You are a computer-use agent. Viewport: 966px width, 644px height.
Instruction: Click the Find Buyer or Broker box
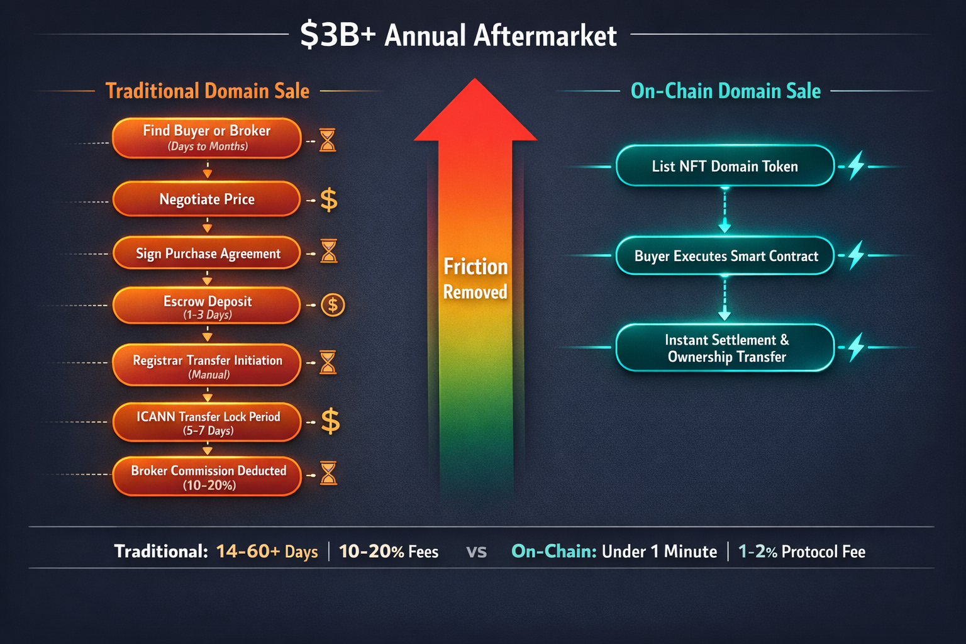[x=206, y=138]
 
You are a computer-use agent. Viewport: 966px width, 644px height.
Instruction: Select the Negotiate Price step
[x=206, y=199]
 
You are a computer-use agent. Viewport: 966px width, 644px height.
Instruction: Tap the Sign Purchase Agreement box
[x=206, y=253]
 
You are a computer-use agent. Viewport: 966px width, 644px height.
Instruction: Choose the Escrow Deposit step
[x=206, y=306]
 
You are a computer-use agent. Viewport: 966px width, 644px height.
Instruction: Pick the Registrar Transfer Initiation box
[x=206, y=365]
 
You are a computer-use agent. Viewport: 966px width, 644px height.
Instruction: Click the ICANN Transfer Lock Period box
[x=206, y=422]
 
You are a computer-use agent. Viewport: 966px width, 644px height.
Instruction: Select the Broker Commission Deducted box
[x=206, y=477]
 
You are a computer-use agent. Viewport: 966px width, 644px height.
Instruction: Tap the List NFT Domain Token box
[x=724, y=166]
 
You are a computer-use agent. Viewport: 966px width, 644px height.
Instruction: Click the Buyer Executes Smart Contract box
[x=724, y=256]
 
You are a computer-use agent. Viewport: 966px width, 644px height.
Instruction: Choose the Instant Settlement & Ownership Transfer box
[x=724, y=348]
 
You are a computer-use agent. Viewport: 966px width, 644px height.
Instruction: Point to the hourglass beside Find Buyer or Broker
[x=328, y=140]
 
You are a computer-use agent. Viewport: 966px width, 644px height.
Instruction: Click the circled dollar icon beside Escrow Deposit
[x=333, y=306]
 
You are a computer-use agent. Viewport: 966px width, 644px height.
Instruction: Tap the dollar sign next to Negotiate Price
[x=329, y=200]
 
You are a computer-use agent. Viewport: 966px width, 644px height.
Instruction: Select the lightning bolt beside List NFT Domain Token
[x=856, y=165]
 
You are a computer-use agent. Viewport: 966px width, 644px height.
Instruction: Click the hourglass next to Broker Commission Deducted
[x=328, y=474]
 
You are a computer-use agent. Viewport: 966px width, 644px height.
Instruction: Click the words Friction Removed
[x=475, y=279]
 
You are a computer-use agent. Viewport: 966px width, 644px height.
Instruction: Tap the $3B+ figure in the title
[x=338, y=35]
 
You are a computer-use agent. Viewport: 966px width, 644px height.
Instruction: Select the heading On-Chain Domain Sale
[x=726, y=91]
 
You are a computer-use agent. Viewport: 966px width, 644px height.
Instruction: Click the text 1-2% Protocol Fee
[x=801, y=552]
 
